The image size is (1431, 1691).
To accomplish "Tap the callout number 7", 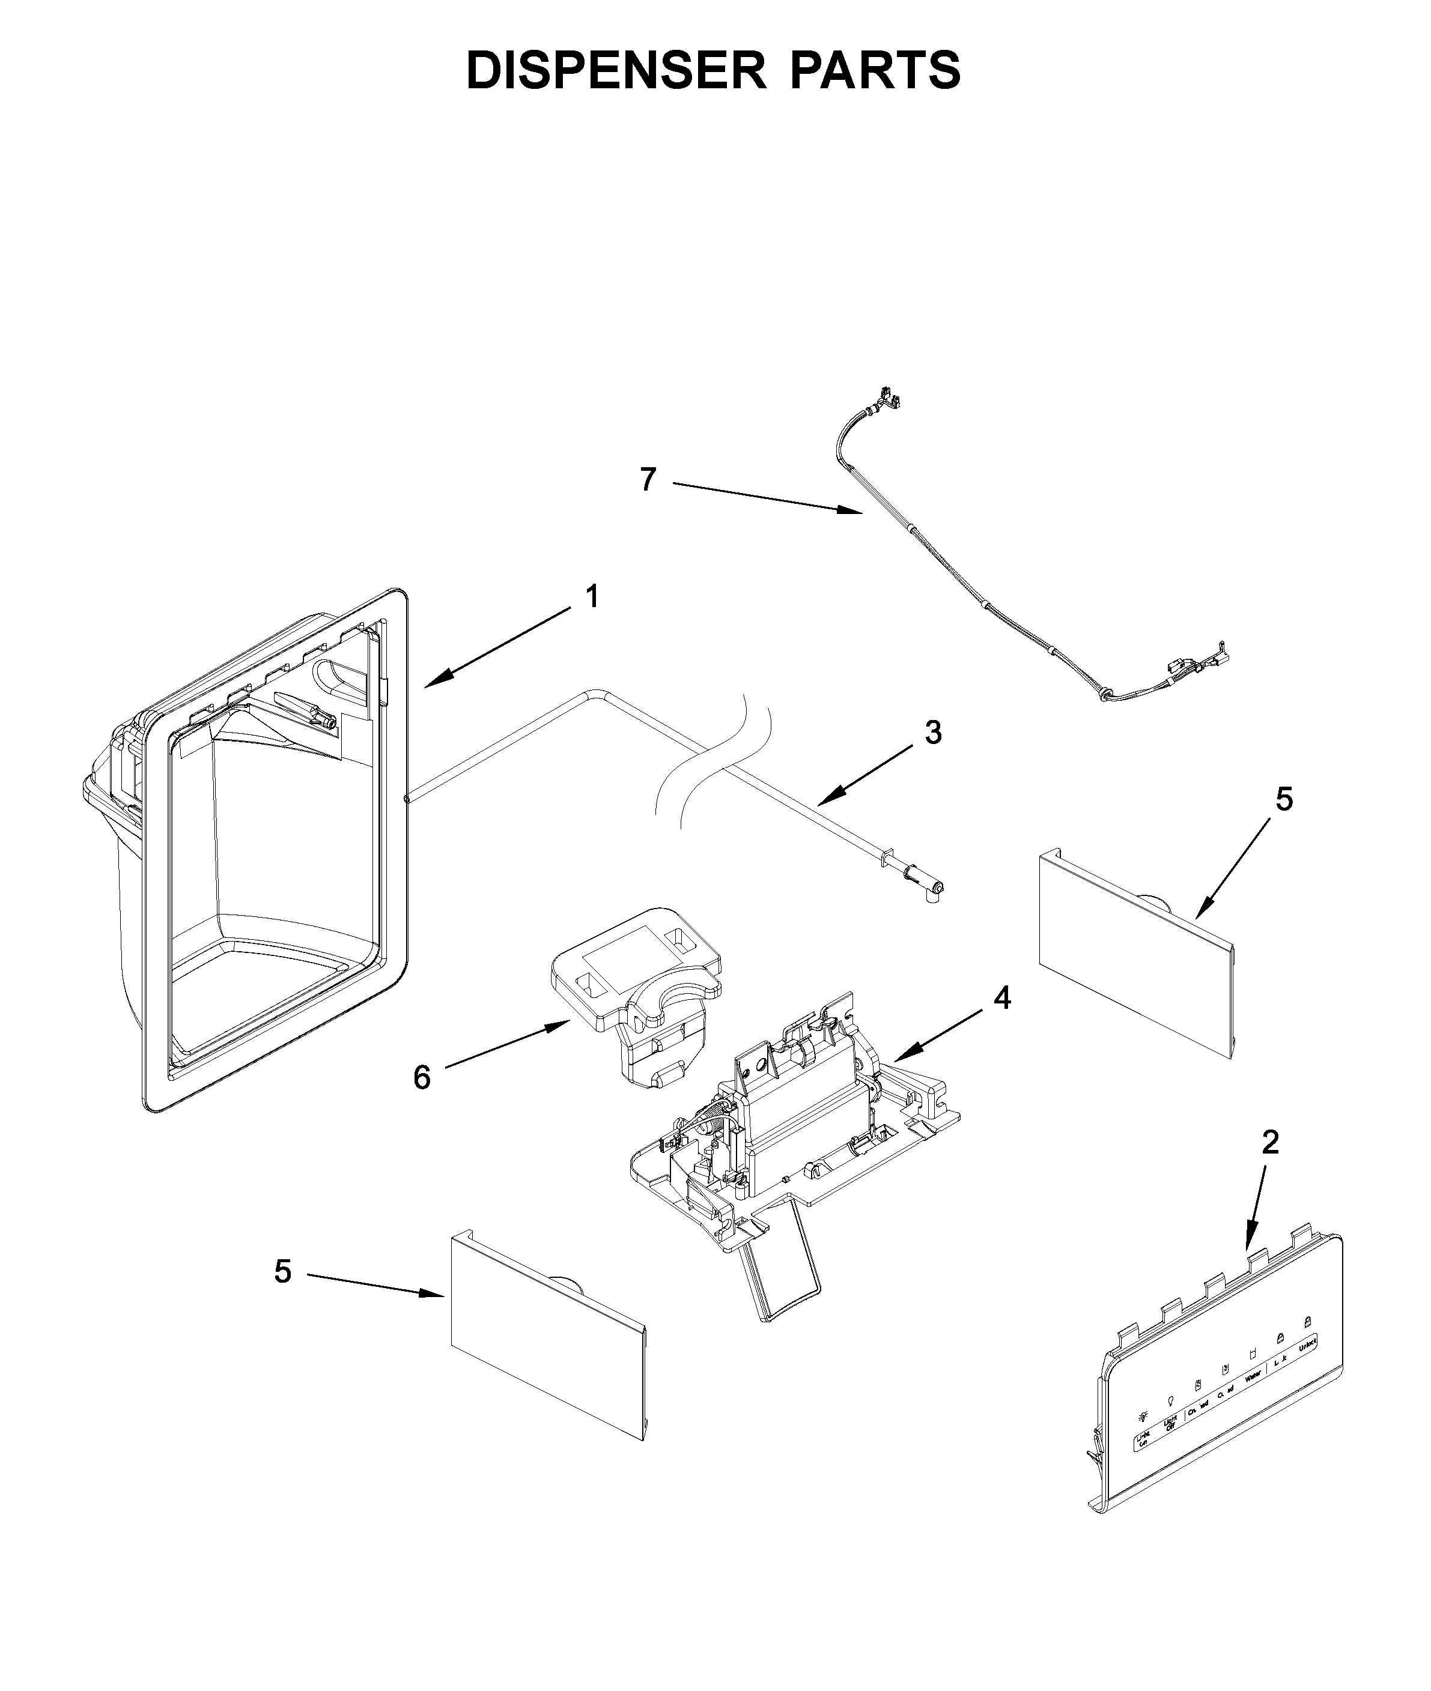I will click(646, 480).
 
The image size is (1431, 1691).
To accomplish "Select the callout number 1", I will click(592, 597).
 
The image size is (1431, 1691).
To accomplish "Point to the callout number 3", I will click(933, 733).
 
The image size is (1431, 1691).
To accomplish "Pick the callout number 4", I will click(1003, 999).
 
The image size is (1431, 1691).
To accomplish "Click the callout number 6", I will click(422, 1078).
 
